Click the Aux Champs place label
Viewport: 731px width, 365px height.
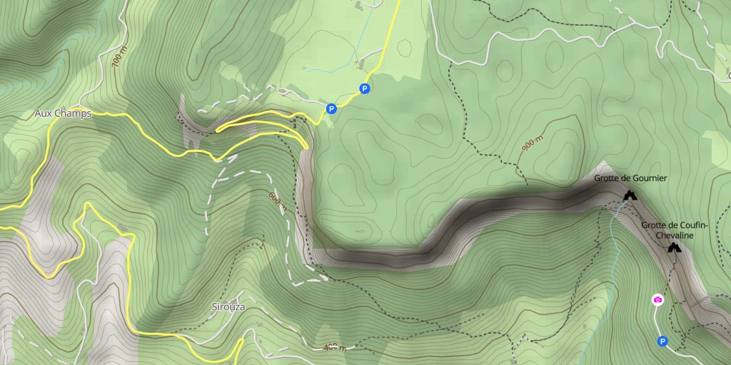[63, 113]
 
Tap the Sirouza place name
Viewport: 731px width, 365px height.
[228, 307]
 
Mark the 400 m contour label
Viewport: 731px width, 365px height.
[335, 348]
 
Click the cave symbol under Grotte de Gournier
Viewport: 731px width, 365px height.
[629, 195]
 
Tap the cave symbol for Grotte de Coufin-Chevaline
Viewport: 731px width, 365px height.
[673, 247]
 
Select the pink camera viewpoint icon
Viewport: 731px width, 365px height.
[657, 299]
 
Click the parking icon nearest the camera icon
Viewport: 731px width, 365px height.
[662, 341]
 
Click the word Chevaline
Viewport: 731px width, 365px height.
[675, 235]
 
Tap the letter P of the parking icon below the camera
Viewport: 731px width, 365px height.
[662, 341]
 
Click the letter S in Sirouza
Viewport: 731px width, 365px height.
[214, 307]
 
